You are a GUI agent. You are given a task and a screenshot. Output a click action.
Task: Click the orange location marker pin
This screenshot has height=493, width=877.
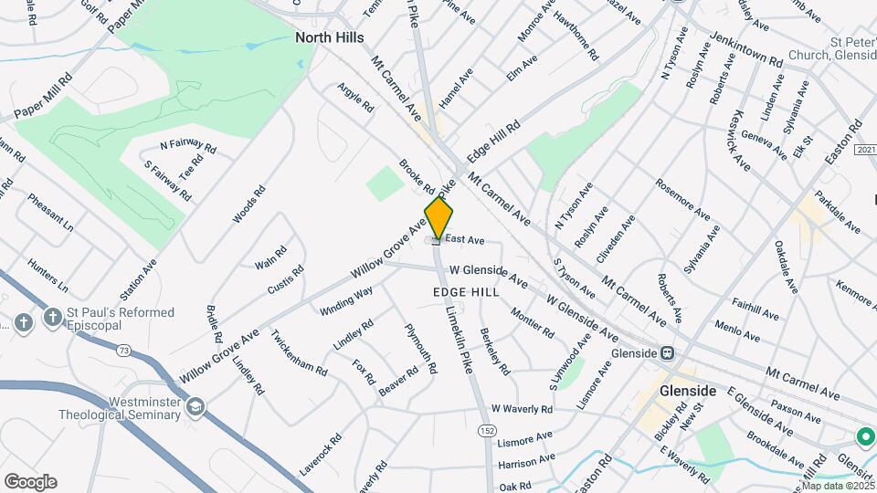tap(438, 219)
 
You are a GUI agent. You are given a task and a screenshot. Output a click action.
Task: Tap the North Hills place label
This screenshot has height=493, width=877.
tap(330, 37)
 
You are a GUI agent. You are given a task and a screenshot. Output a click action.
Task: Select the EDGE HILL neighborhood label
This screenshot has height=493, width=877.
tap(466, 292)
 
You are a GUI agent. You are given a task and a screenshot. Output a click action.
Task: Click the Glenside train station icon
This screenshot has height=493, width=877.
tap(668, 353)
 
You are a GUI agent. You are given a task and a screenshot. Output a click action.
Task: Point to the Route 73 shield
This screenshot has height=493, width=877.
tap(122, 349)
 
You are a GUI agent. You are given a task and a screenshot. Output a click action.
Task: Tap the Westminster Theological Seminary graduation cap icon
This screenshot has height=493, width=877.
tap(195, 406)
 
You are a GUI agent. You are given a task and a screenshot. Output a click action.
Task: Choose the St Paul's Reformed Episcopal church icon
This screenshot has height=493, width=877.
tap(24, 321)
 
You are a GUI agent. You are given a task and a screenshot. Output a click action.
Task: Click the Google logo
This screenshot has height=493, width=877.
tap(30, 482)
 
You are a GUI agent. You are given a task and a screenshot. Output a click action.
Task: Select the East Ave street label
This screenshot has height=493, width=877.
tap(464, 240)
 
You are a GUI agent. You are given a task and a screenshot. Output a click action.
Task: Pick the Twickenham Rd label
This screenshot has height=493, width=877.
tap(299, 353)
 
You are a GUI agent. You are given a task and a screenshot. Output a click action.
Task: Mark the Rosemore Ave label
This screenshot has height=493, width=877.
tap(682, 199)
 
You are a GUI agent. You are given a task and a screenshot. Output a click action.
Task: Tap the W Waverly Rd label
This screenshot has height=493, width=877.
tap(522, 409)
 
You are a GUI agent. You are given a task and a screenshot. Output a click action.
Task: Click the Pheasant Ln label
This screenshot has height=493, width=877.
tap(50, 212)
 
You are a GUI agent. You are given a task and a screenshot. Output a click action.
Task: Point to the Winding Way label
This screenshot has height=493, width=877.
tap(346, 301)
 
